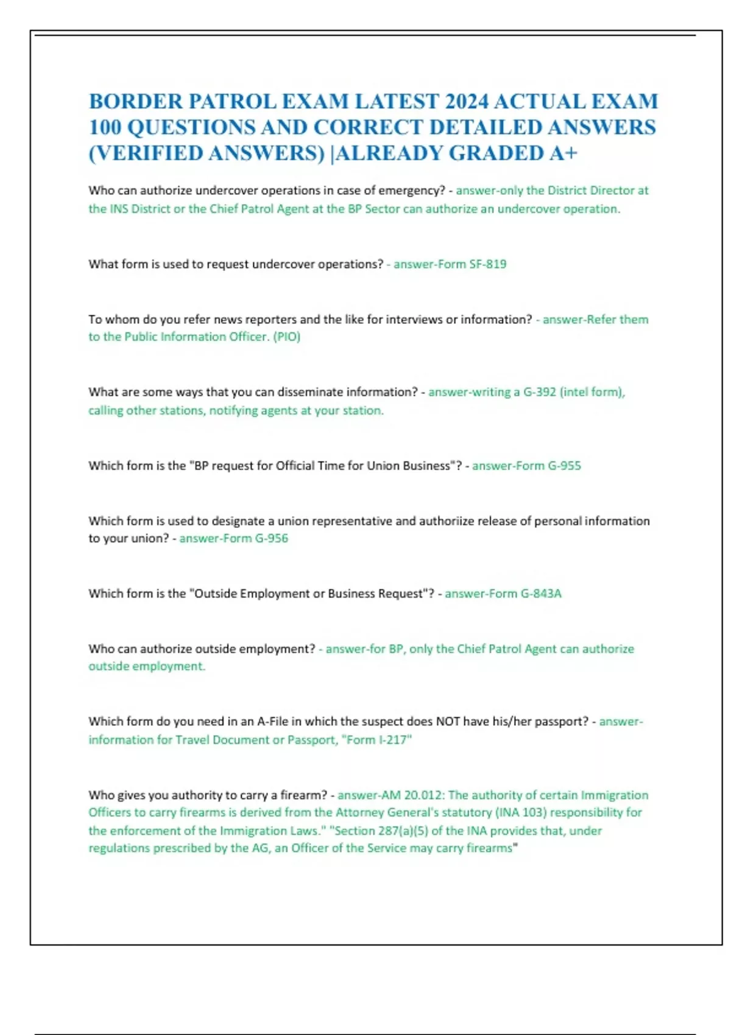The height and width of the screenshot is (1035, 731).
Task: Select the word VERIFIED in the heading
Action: pos(146,153)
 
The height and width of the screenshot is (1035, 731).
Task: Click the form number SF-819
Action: pos(487,264)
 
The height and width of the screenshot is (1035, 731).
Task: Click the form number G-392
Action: pos(540,392)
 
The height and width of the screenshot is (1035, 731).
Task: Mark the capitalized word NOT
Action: pos(448,721)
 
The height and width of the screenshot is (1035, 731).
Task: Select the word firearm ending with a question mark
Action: pos(303,795)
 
